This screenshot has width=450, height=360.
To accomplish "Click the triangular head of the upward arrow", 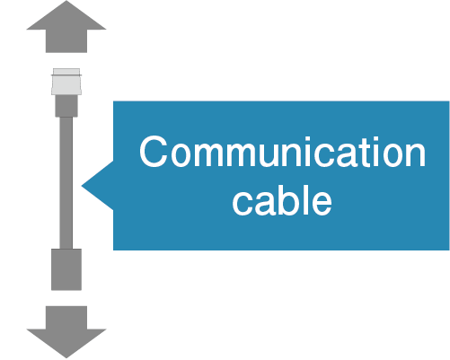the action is point(66,16).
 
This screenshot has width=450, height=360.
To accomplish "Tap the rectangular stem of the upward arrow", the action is point(66,41).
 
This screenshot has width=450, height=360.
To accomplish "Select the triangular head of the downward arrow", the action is point(66,343).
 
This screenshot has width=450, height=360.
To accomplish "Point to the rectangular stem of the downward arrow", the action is point(66,317).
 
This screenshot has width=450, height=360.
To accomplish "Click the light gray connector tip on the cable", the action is point(66,82).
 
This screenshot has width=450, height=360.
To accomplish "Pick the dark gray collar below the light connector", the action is point(66,106).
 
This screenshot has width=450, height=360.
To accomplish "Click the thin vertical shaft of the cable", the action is point(66,183).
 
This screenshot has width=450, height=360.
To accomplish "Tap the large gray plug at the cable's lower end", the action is point(66,269).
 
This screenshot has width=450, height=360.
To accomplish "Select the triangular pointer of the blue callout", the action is point(98,186).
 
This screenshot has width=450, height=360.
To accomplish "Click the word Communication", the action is point(282,152).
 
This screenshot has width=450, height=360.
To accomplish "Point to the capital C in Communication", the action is point(153,152).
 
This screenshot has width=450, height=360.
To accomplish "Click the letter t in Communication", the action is point(367,153).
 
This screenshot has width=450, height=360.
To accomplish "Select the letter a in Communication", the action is point(349,155).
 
